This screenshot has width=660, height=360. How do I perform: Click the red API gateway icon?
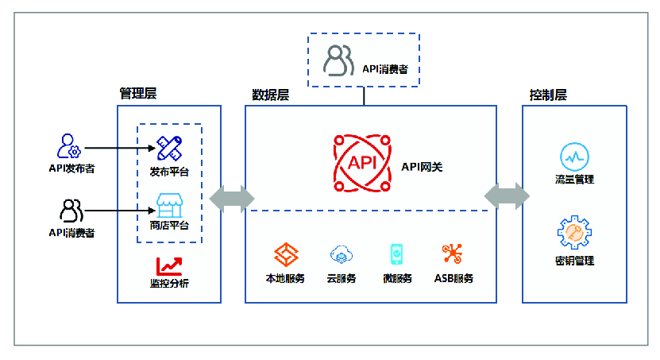point(362,163)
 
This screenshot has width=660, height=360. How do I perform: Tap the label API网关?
point(422,167)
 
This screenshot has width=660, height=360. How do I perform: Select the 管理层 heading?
point(138,93)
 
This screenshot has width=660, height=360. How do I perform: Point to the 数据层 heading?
point(271,95)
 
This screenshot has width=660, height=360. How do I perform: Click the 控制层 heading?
point(548,95)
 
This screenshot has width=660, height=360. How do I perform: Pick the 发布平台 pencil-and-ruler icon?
point(169,148)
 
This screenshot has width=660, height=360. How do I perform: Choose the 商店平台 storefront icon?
point(170,206)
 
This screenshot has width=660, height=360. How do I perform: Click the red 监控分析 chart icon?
point(169,266)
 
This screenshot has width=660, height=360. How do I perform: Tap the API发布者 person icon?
point(68,145)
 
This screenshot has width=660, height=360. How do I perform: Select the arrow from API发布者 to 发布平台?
point(120,148)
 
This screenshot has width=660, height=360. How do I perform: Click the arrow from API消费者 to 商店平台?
point(120,210)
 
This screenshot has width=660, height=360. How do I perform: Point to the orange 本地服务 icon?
point(286,254)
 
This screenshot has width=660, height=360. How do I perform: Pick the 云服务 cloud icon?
point(342,254)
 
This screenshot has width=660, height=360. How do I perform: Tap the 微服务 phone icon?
point(396,254)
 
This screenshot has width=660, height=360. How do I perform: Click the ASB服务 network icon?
point(453,254)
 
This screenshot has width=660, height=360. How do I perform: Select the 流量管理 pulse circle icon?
point(574,157)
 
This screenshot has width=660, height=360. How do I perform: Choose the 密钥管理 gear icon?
point(574,232)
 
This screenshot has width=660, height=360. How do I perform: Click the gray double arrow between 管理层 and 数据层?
point(232,199)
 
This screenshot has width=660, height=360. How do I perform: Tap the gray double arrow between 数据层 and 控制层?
point(508,195)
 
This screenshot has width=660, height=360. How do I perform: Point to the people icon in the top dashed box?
point(338,60)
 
